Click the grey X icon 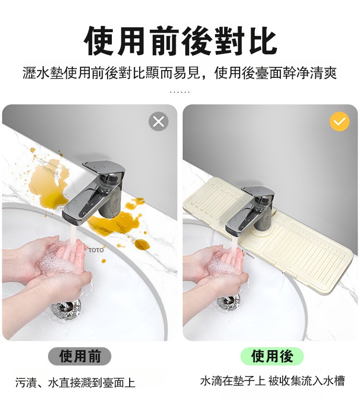click(158, 122)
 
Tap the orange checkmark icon click(339, 122)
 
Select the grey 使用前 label click(80, 356)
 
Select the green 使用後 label click(272, 356)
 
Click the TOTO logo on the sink click(96, 250)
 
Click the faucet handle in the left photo click(104, 168)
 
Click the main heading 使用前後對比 click(180, 41)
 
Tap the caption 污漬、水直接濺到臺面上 click(75, 382)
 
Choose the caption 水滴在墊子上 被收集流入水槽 click(272, 381)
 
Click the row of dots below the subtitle click(180, 92)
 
